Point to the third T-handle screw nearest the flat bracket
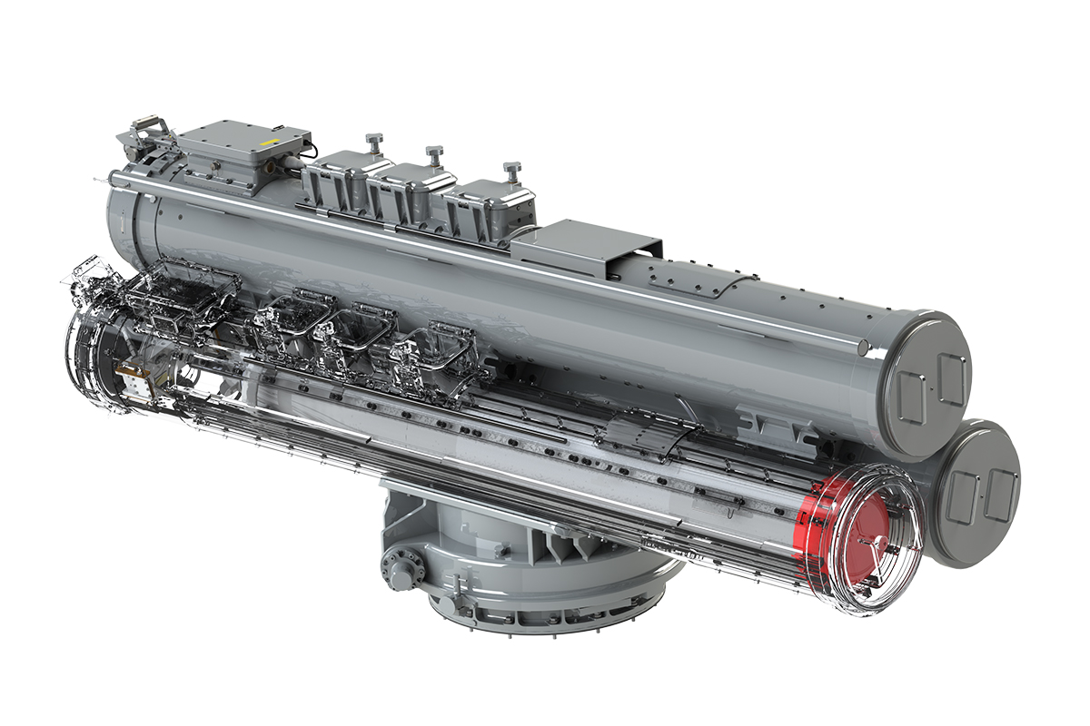click(x=510, y=169)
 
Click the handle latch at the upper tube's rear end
click(x=144, y=127)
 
